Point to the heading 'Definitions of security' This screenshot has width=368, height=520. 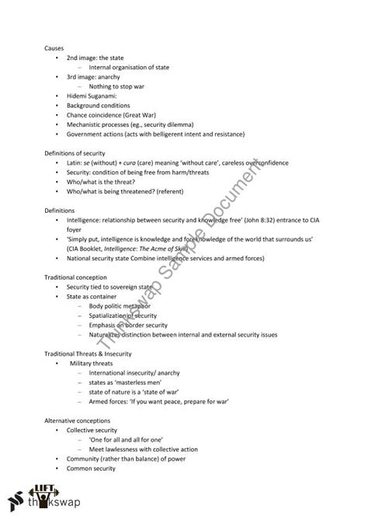tap(75, 152)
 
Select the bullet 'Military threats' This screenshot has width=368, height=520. tap(97, 362)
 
